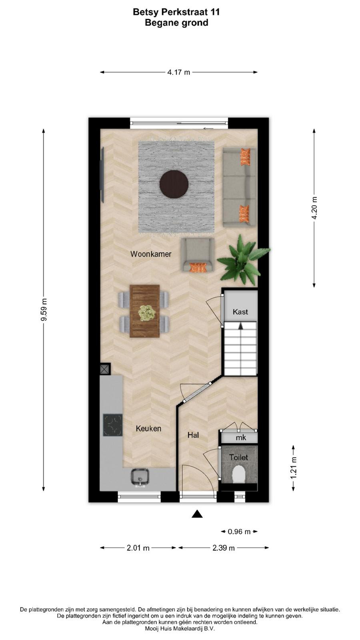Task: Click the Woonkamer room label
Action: (x=151, y=254)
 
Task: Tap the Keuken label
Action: (x=148, y=428)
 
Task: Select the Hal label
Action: (x=193, y=435)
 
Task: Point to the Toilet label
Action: (x=239, y=458)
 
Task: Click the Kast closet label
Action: (x=240, y=312)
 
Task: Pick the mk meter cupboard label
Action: (x=241, y=438)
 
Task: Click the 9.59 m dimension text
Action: (x=44, y=310)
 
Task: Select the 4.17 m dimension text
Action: (x=178, y=72)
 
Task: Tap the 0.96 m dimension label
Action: (x=239, y=532)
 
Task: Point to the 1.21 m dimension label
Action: (x=294, y=468)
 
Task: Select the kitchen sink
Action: (x=140, y=477)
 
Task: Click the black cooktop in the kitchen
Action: (x=113, y=425)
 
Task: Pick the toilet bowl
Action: (x=239, y=474)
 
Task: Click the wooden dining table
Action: (x=144, y=311)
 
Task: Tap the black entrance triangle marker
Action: (x=197, y=514)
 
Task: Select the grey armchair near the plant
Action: (x=198, y=255)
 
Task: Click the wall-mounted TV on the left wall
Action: (x=102, y=175)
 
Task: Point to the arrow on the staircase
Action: (x=240, y=326)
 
